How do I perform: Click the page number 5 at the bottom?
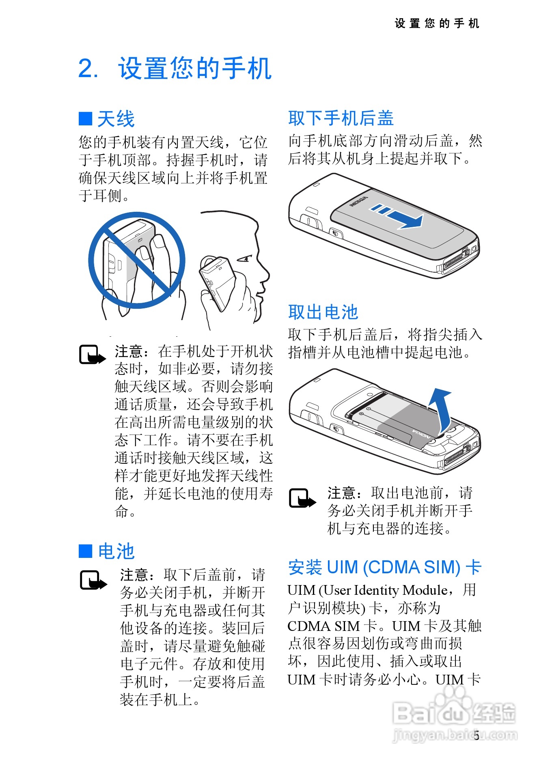coord(477,735)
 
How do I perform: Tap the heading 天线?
coord(116,119)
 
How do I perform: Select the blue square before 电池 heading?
coord(85,551)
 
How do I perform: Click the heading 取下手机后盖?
coord(341,118)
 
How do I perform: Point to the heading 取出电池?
coord(323,312)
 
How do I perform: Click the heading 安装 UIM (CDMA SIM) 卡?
coord(384,567)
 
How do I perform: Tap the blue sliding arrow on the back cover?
coord(400,216)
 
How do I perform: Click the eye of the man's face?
coord(246,258)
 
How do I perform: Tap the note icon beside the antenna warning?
coord(92,355)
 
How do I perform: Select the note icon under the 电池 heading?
coord(93,581)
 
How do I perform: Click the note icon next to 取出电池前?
coord(302,498)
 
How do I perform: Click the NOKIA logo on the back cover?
coord(359,202)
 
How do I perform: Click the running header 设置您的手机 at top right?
coord(437,24)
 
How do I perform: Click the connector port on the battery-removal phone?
coord(456,457)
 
